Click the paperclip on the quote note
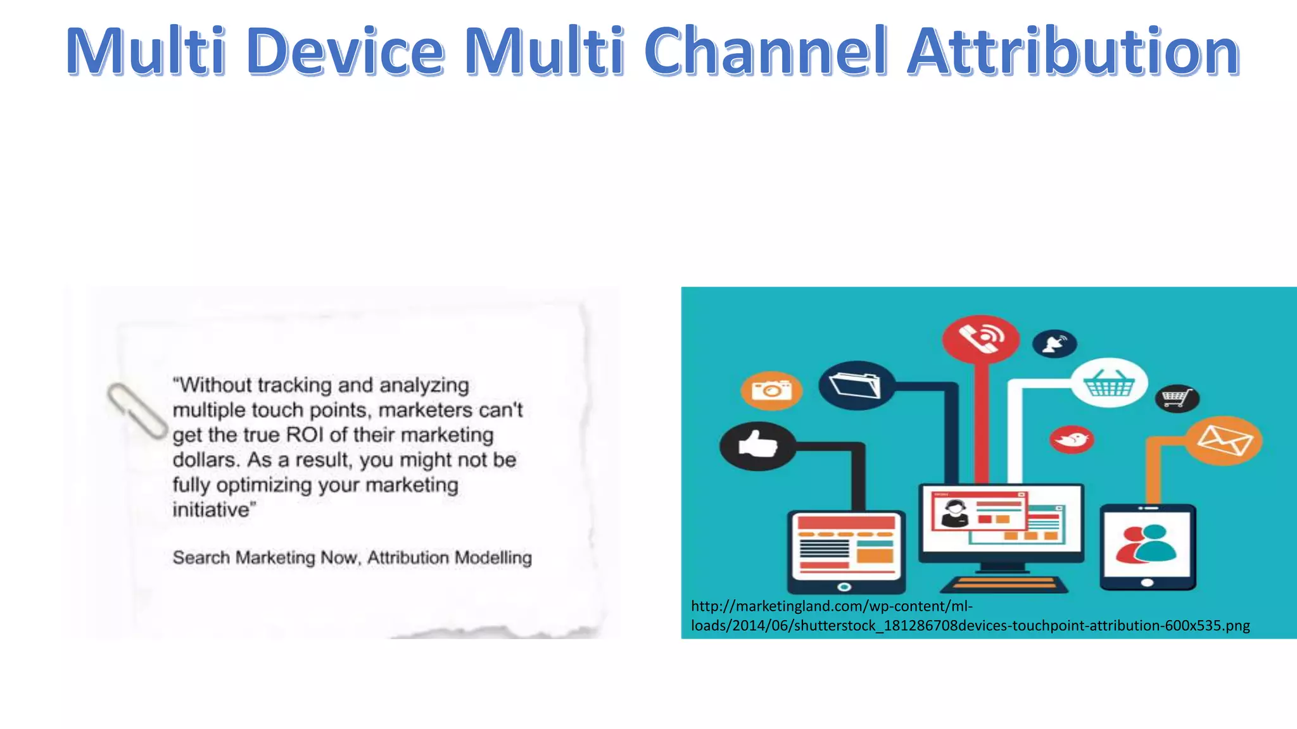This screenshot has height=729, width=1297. (x=136, y=410)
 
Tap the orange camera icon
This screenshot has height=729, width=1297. (x=771, y=390)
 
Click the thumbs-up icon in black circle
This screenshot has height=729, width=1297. (x=758, y=445)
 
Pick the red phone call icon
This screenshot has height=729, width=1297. (x=980, y=338)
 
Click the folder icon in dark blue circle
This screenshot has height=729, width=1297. (x=856, y=385)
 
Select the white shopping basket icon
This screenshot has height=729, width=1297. (x=1109, y=383)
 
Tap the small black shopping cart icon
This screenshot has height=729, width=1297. (x=1177, y=399)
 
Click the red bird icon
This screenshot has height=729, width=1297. (x=1072, y=439)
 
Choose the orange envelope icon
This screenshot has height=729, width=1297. (x=1224, y=440)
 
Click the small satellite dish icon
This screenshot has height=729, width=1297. (x=1054, y=344)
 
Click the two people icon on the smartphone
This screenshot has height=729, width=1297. (x=1146, y=544)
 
